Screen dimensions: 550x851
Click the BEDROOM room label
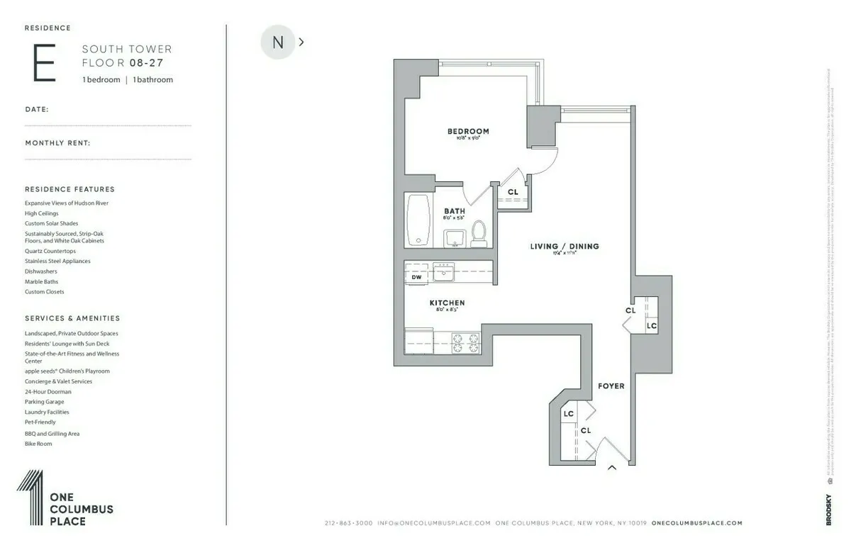(x=468, y=131)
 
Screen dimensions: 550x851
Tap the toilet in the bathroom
(x=479, y=233)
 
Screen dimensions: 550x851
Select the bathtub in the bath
(x=418, y=220)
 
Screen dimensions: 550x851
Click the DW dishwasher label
(x=416, y=277)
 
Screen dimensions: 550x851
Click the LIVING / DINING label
(x=564, y=247)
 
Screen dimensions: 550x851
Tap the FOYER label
(x=611, y=386)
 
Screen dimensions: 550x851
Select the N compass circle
(x=277, y=43)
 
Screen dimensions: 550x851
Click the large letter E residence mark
(x=43, y=64)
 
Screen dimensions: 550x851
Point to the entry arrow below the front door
(x=611, y=468)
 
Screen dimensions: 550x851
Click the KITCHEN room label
(x=447, y=303)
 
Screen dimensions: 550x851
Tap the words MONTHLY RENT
(x=57, y=143)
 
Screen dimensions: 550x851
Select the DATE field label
(x=37, y=110)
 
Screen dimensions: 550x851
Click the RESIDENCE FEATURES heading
(x=69, y=189)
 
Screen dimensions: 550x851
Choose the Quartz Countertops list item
(x=50, y=251)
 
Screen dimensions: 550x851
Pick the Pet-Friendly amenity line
(x=40, y=422)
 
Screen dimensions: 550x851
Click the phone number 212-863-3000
(x=348, y=523)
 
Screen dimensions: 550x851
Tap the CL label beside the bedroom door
(x=513, y=192)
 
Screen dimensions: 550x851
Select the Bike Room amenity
(x=38, y=444)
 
